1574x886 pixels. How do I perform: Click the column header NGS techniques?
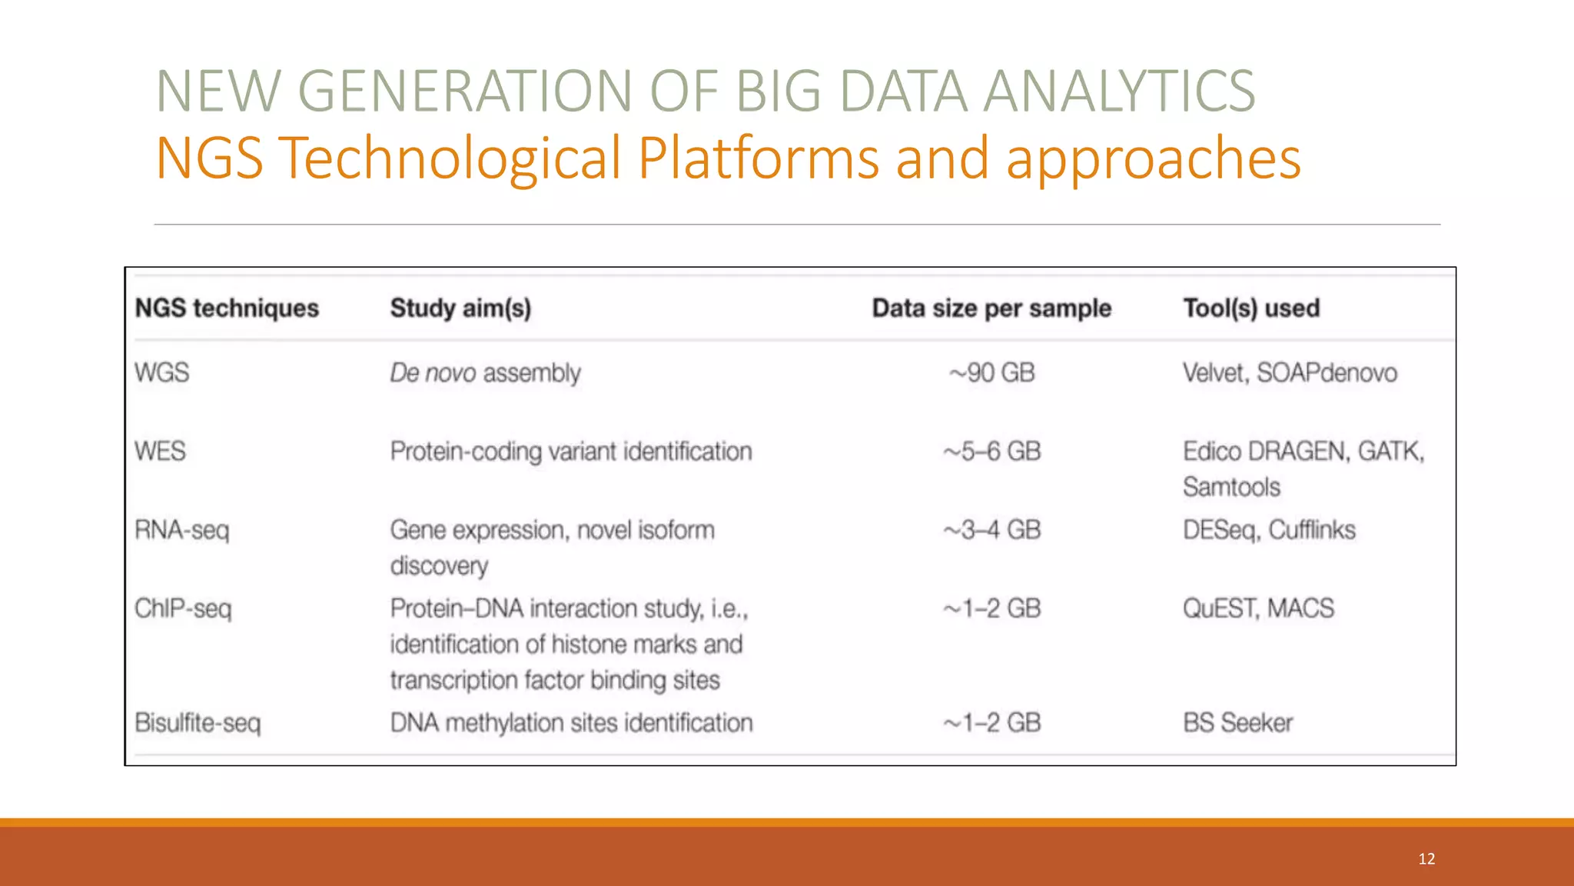click(227, 308)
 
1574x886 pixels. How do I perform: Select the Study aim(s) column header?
click(460, 308)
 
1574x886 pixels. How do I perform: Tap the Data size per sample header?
click(991, 308)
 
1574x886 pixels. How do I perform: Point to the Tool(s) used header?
click(1251, 308)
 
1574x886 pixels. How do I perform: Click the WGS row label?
click(161, 373)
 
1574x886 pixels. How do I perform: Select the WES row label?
click(160, 451)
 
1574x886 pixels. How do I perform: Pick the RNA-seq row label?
click(181, 530)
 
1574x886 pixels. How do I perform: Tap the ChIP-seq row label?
click(183, 608)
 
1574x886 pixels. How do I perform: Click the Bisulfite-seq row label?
click(198, 723)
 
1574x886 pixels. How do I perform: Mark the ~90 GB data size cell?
click(991, 373)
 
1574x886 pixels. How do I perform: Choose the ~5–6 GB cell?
click(991, 451)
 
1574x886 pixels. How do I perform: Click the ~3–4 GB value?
click(991, 530)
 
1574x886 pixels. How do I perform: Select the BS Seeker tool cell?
click(1237, 723)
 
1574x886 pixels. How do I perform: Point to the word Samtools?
click(1231, 487)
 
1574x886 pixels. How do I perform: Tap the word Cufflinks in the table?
click(1312, 530)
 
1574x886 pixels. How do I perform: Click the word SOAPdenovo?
click(1327, 373)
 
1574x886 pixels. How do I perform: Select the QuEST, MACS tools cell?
click(1258, 608)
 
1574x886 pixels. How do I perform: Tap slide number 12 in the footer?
click(1426, 859)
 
